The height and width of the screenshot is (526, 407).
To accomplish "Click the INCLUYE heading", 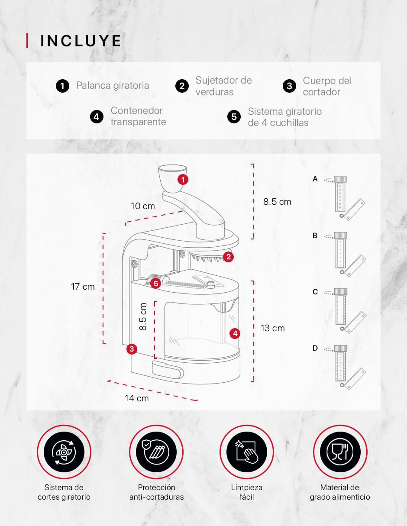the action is [81, 41].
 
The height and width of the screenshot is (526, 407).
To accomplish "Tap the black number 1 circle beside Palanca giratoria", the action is [62, 86].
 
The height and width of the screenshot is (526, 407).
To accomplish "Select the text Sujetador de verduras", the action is [223, 86].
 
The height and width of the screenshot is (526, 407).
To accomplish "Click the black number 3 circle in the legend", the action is [289, 86].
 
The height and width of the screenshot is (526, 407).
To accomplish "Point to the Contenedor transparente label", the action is [139, 116].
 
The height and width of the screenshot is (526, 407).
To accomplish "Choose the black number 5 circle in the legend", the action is [234, 117].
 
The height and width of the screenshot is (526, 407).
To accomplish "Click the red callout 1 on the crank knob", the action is [183, 180].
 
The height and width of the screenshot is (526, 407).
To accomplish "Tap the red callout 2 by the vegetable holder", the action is [229, 257].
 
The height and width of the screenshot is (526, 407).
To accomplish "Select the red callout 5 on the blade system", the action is [156, 284].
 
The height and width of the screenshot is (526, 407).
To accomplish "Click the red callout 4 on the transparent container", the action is [235, 333].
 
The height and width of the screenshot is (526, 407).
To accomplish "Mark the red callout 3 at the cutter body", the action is [132, 349].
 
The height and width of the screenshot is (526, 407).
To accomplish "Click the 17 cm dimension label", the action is [83, 287].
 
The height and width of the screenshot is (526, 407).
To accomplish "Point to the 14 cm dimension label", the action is [137, 398].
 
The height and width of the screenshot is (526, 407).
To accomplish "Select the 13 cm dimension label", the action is [273, 328].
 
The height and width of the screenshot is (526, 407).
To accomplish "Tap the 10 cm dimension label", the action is [143, 206].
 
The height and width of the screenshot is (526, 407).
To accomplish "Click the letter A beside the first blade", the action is [315, 179].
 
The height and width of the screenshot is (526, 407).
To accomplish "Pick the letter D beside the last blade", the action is [315, 348].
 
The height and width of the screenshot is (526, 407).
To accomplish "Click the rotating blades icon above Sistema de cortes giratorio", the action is [64, 452].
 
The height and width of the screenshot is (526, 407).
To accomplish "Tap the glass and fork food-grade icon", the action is [340, 452].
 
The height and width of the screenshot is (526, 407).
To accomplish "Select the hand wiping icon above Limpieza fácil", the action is [247, 452].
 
